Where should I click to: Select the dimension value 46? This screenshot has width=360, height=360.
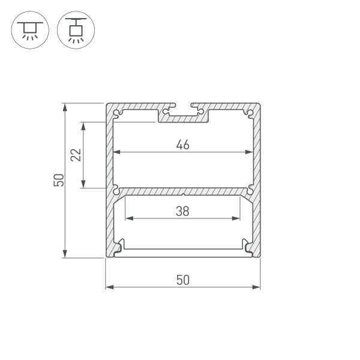(183, 144)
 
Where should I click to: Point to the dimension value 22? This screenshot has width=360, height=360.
(76, 155)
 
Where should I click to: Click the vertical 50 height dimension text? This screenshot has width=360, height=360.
(58, 180)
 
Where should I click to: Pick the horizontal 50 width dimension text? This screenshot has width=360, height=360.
(183, 280)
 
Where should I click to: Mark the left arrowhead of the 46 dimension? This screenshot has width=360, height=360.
(117, 152)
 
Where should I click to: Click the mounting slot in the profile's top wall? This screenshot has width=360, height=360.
(183, 110)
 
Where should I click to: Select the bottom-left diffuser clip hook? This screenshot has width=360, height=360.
(120, 245)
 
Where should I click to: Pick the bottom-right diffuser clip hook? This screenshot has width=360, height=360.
(247, 245)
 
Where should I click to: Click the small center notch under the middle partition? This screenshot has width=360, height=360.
(183, 194)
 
